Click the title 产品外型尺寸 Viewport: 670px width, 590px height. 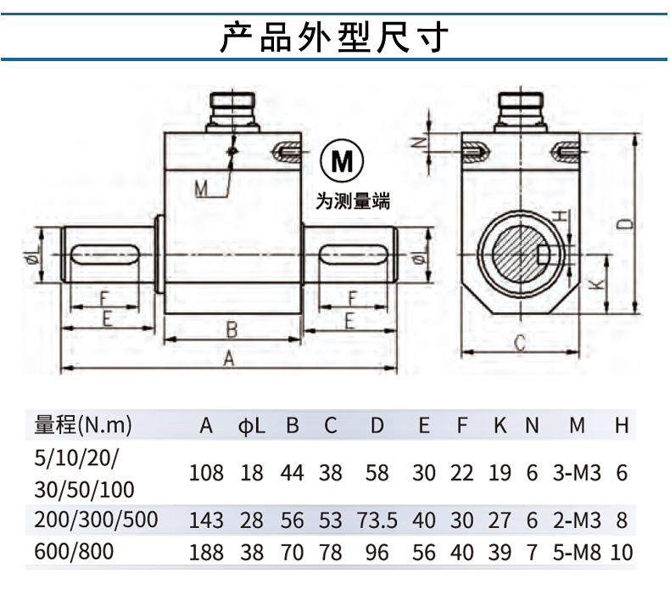pos(333,37)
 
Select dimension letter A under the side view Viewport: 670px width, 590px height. pos(228,358)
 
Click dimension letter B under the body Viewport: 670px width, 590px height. pos(231,328)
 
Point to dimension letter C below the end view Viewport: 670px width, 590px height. pos(521,343)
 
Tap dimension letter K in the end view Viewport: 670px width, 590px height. pos(598,284)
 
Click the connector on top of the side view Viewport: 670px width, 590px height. pos(232,111)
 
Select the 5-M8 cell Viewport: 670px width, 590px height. pos(577,553)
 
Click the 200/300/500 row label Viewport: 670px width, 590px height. pos(94,520)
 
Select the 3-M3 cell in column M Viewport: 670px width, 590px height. pos(577,473)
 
